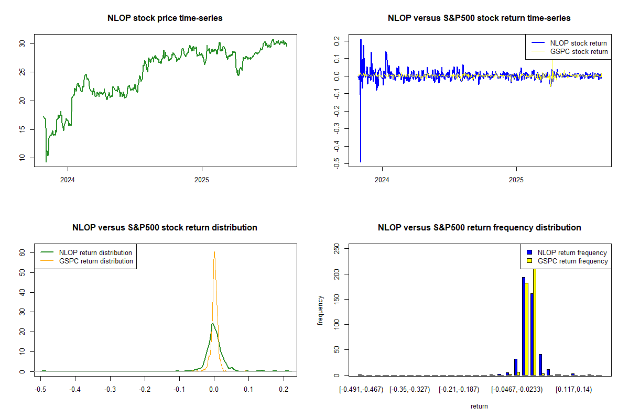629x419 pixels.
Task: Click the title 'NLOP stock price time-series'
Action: click(165, 18)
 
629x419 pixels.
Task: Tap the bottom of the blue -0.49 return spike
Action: click(360, 161)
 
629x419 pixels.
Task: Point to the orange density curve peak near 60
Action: click(214, 252)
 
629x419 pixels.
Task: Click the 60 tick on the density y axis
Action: click(23, 252)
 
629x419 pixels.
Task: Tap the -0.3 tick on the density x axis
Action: click(110, 390)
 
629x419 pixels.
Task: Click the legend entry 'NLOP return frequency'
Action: click(572, 252)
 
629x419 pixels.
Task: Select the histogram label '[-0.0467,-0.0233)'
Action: click(517, 390)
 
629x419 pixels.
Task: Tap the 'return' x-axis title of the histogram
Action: click(479, 406)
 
